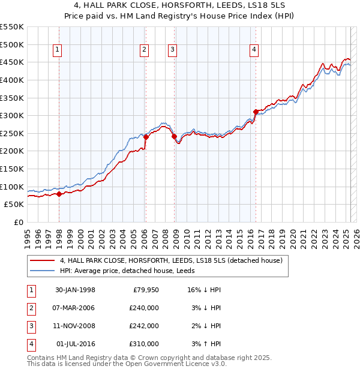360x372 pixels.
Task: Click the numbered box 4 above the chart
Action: (254, 50)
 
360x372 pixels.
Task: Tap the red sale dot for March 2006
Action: (145, 137)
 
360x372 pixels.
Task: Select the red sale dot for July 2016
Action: (256, 112)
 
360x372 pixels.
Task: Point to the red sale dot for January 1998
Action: (59, 194)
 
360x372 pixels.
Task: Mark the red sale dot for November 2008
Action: (174, 136)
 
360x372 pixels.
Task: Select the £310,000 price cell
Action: (145, 344)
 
